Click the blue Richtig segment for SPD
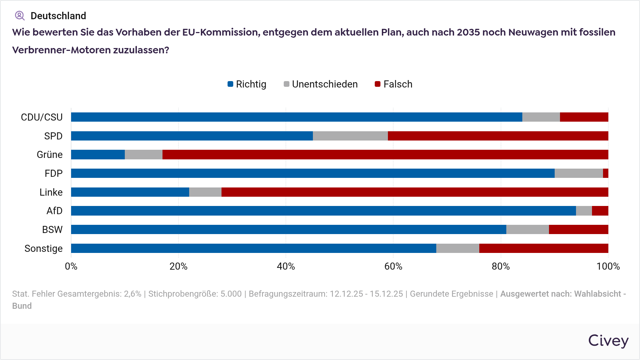192,136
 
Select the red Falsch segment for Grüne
385,155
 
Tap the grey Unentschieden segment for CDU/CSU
541,117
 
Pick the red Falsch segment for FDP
606,173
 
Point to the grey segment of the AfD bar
584,211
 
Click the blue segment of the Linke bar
130,192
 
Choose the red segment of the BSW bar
578,229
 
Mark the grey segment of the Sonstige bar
458,248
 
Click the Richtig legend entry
247,84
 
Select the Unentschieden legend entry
321,84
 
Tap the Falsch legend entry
394,84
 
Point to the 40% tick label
286,266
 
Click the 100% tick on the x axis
608,266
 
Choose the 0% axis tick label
71,266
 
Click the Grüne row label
50,155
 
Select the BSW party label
52,230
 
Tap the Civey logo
608,340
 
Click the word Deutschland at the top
58,16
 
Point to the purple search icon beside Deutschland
20,16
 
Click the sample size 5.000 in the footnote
231,294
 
